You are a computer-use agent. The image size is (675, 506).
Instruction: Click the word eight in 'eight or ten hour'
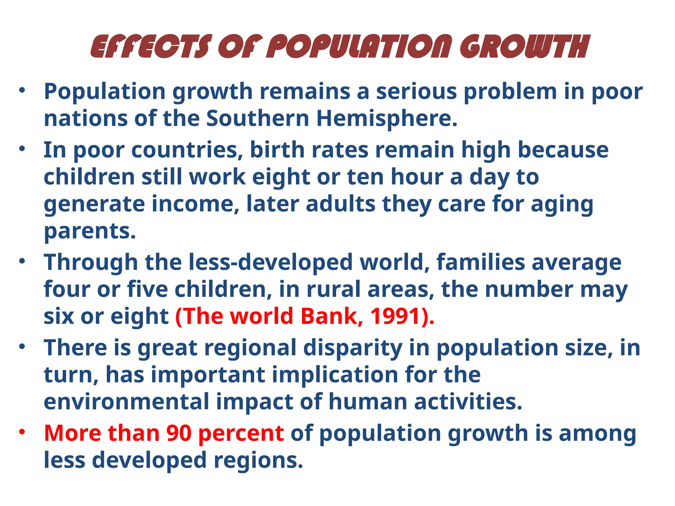[x=280, y=177]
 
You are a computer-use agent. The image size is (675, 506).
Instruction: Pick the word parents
[x=90, y=231]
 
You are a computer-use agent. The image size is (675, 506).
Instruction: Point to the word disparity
[x=352, y=348]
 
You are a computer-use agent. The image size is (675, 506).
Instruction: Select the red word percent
[x=241, y=434]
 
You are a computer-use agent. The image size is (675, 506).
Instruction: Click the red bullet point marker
[x=22, y=432]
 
